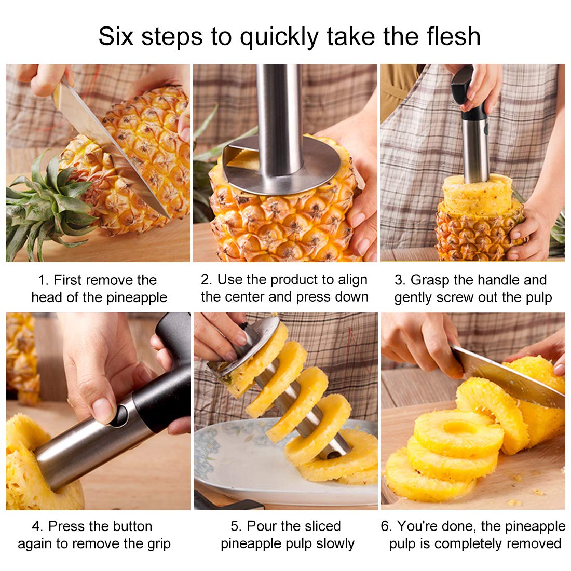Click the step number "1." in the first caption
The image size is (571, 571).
(44, 281)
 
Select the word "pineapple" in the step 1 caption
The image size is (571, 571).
(138, 298)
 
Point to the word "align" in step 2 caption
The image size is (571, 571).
(353, 280)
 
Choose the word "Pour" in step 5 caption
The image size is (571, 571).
(262, 526)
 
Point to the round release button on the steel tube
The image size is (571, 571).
(120, 415)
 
